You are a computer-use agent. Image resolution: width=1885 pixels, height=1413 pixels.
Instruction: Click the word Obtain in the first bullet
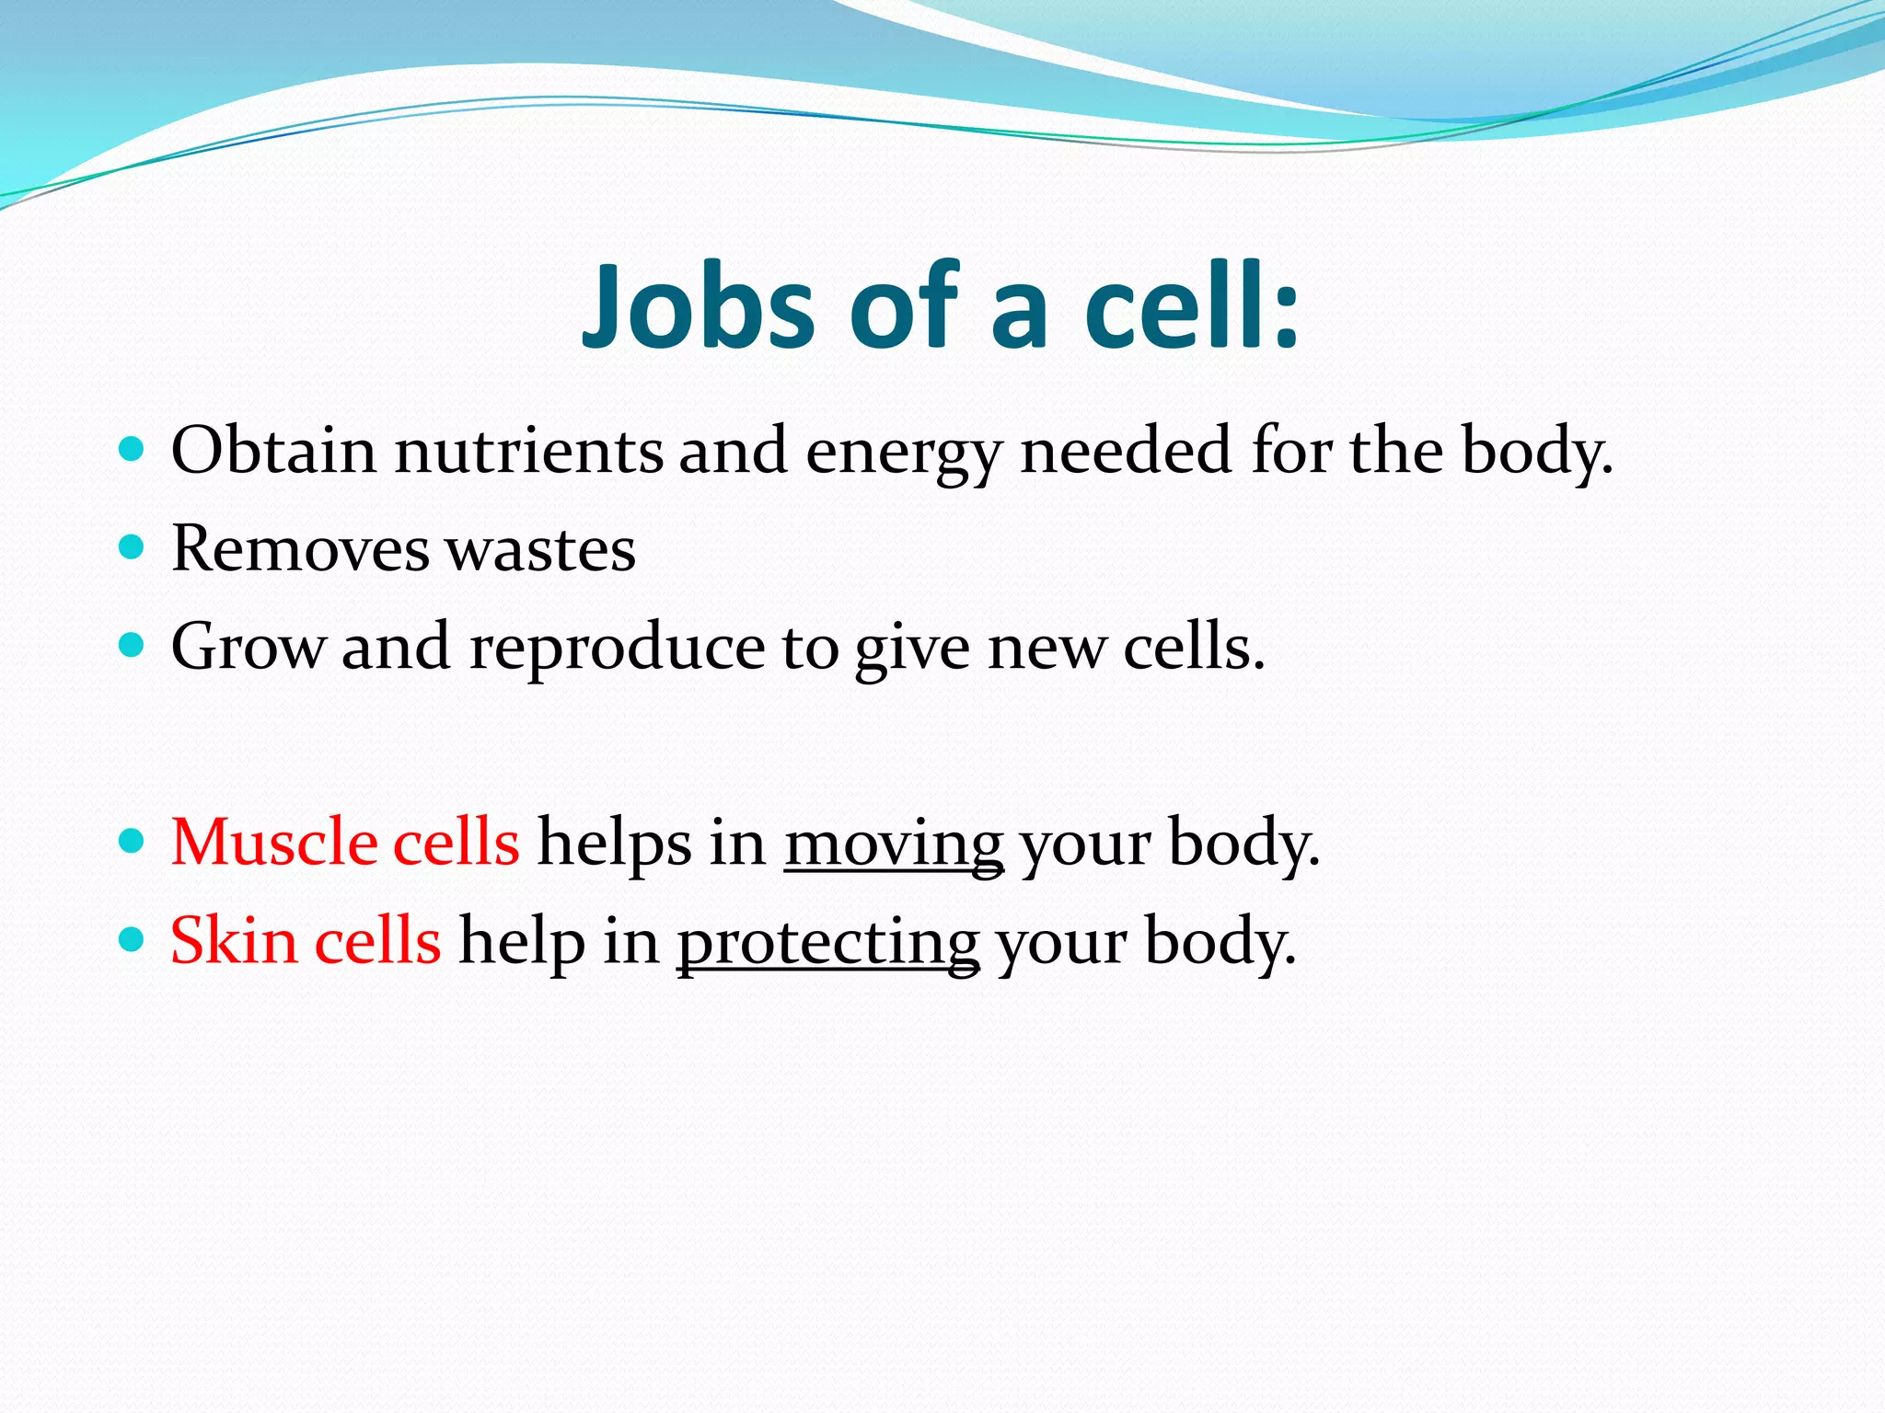click(273, 451)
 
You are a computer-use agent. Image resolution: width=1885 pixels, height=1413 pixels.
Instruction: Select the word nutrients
click(528, 451)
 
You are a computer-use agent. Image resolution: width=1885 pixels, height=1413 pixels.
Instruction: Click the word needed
click(1127, 451)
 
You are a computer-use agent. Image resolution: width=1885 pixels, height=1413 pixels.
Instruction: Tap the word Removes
click(300, 549)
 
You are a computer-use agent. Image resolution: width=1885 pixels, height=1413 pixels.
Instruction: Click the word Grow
click(248, 647)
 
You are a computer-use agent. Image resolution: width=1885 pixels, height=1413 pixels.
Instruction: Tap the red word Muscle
click(273, 842)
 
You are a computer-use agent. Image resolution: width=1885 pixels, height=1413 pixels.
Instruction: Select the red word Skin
click(233, 940)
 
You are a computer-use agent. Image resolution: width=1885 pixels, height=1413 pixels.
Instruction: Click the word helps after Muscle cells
click(614, 844)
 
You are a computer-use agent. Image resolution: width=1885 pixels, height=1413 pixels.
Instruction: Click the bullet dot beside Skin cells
click(133, 939)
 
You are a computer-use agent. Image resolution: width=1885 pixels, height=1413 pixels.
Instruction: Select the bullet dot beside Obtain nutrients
click(133, 450)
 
